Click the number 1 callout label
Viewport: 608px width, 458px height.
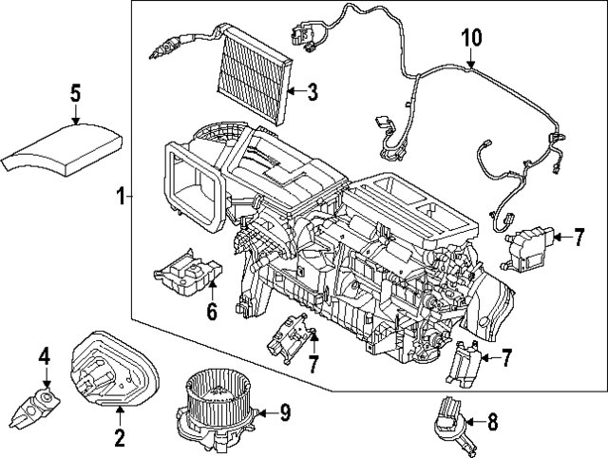[x=121, y=197]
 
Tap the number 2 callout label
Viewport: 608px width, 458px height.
[x=120, y=438]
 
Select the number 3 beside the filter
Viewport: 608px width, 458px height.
[x=313, y=92]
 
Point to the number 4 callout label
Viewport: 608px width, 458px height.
[x=43, y=356]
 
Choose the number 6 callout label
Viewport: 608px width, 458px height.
[x=212, y=311]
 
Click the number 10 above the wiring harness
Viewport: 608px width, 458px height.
[x=472, y=39]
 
